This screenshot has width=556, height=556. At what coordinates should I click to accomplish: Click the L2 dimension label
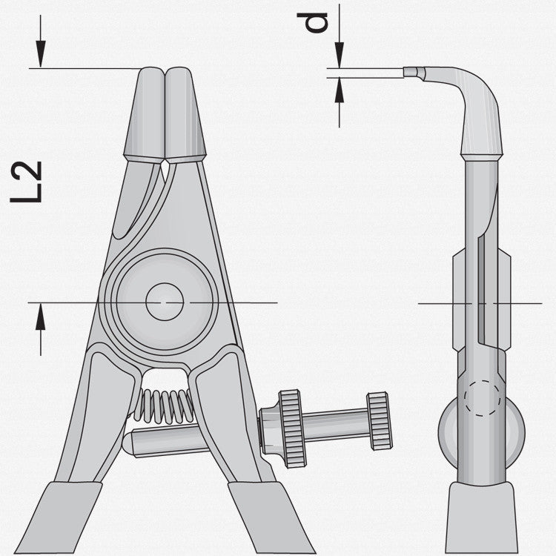27,182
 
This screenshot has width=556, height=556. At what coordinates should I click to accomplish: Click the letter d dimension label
317,22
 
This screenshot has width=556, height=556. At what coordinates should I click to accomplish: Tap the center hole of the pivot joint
165,302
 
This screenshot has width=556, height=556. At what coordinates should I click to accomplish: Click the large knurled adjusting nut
291,428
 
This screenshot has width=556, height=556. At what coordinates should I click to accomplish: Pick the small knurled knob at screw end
380,420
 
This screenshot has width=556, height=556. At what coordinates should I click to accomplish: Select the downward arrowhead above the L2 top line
42,56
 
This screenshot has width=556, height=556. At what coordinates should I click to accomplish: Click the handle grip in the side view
481,519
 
